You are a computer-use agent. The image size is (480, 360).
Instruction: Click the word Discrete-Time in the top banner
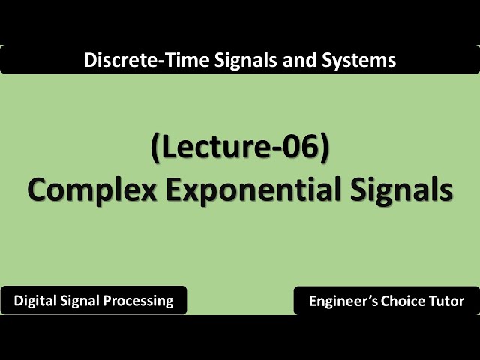(x=134, y=59)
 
